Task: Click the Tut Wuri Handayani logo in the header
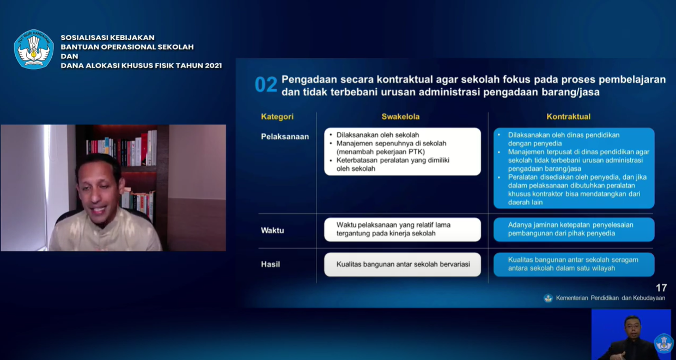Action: click(x=34, y=49)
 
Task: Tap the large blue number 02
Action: click(x=266, y=84)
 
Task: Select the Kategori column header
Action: click(x=277, y=117)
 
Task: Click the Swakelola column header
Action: click(x=400, y=117)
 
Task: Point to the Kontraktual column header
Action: click(x=569, y=117)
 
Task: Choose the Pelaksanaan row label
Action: click(x=285, y=137)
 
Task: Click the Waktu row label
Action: click(x=272, y=230)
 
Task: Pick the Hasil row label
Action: click(x=270, y=264)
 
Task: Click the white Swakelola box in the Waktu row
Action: click(x=403, y=229)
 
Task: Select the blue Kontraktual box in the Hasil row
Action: click(x=574, y=264)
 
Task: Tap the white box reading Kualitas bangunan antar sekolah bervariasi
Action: click(x=403, y=264)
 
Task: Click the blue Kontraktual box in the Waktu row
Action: click(x=574, y=229)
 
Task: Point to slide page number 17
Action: click(x=661, y=288)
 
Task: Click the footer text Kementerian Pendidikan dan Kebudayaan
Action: click(x=611, y=298)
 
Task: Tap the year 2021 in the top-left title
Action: click(x=214, y=65)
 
